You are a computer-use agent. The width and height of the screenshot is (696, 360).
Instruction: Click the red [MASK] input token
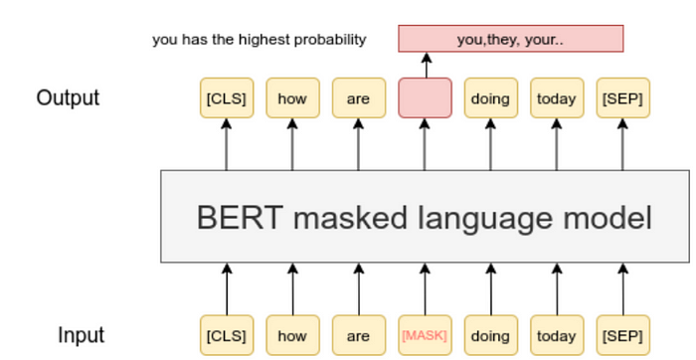pyautogui.click(x=425, y=335)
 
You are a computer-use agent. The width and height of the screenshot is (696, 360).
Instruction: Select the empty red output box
pyautogui.click(x=425, y=97)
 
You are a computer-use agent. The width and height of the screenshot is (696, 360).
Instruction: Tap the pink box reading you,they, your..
pyautogui.click(x=511, y=40)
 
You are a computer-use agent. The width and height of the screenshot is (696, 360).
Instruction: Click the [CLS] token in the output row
pyautogui.click(x=226, y=97)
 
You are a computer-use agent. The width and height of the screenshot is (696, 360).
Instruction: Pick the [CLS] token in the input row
pyautogui.click(x=226, y=335)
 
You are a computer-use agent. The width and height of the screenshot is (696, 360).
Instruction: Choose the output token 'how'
pyautogui.click(x=292, y=97)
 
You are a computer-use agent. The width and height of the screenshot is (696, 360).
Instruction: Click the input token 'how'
pyautogui.click(x=292, y=335)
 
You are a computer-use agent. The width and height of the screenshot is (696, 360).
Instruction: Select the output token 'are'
pyautogui.click(x=358, y=97)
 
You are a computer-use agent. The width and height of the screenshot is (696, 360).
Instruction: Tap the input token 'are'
pyautogui.click(x=358, y=335)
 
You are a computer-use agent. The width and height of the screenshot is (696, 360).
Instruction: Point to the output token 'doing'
pyautogui.click(x=490, y=97)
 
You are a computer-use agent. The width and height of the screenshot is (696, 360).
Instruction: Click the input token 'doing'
pyautogui.click(x=490, y=335)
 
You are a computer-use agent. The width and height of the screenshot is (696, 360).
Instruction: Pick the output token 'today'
pyautogui.click(x=557, y=97)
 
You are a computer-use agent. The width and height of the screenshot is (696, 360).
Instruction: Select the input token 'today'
pyautogui.click(x=557, y=335)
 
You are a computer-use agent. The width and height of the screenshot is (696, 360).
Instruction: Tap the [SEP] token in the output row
pyautogui.click(x=623, y=97)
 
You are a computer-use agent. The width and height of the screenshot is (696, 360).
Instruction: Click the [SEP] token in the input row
pyautogui.click(x=623, y=335)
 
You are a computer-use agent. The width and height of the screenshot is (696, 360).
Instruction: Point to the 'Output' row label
pyautogui.click(x=68, y=98)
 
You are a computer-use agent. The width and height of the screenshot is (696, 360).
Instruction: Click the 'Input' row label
pyautogui.click(x=81, y=335)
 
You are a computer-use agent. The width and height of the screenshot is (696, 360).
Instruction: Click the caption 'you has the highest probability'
pyautogui.click(x=259, y=40)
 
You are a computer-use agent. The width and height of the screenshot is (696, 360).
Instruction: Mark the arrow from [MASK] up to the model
pyautogui.click(x=425, y=288)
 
